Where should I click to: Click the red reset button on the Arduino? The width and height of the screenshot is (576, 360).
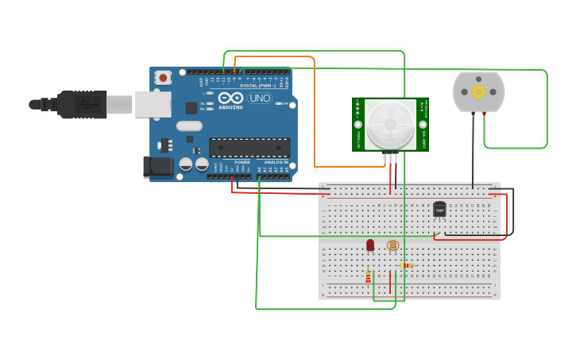163,77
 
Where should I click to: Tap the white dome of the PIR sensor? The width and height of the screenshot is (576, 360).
390,124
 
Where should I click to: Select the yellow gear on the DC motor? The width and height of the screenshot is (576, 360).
478,91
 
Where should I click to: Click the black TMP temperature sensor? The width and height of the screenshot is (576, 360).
439,209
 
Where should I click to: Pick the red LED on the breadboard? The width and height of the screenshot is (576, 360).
370,246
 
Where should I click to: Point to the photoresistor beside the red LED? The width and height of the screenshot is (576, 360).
392,246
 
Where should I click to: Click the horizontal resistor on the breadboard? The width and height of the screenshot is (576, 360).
406,265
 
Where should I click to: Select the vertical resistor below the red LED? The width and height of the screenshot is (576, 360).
368,277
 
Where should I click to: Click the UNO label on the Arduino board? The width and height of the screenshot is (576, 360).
260,99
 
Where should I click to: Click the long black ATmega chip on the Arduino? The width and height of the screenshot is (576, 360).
249,147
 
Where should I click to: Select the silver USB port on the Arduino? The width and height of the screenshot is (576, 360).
153,104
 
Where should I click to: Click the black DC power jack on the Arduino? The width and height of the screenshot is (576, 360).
157,167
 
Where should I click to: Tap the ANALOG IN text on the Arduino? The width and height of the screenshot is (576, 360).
276,162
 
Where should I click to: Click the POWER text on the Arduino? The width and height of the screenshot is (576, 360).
242,162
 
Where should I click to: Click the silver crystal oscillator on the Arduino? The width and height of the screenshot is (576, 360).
189,126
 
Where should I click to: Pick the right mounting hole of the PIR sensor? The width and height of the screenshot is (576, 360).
423,125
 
